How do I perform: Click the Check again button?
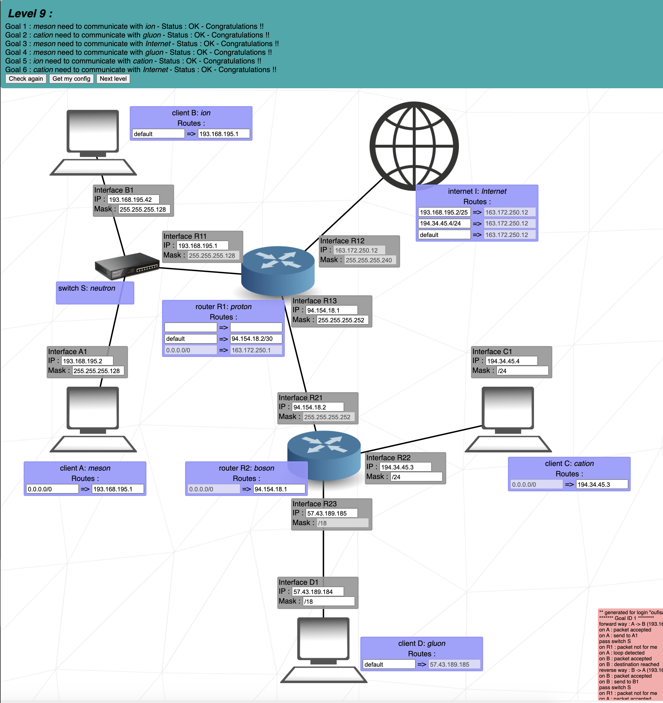(x=26, y=78)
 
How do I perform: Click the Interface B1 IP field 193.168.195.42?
(x=133, y=200)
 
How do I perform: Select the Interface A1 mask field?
(x=98, y=371)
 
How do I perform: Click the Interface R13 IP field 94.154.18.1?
(x=331, y=310)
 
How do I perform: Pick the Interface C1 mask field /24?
(x=522, y=371)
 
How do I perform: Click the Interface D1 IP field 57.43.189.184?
(x=318, y=592)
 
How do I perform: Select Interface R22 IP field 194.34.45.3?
(x=405, y=467)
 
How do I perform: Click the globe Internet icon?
(x=414, y=146)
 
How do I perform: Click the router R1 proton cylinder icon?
(x=278, y=270)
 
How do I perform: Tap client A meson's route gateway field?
(x=118, y=489)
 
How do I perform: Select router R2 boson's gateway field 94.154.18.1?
(x=279, y=489)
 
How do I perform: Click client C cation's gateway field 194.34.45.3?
(x=602, y=484)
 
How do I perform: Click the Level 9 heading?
(x=30, y=14)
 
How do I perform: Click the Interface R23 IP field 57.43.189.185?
(x=331, y=513)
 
